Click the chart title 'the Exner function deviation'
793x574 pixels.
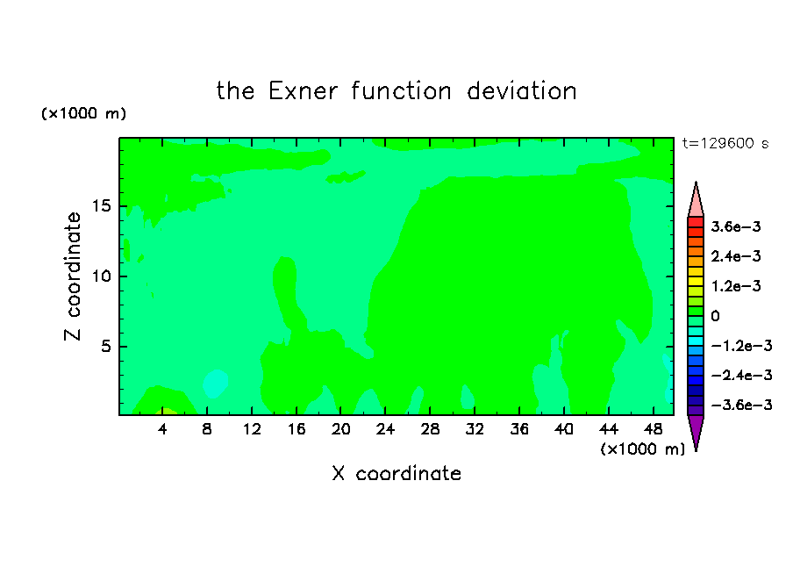396,91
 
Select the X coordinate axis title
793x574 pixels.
396,473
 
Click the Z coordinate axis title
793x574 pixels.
73,276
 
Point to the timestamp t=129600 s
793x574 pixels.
725,143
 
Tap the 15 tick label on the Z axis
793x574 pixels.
101,206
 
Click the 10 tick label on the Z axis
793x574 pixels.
101,276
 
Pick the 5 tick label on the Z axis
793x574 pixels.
106,346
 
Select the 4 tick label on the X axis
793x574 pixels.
162,429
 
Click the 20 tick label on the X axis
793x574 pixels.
340,429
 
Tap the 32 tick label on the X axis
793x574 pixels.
475,429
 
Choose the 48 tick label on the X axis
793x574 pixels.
653,429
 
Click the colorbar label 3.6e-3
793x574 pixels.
736,226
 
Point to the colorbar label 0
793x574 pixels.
715,316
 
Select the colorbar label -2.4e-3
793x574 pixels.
742,375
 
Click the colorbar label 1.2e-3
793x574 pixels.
736,286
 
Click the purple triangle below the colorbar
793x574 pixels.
696,430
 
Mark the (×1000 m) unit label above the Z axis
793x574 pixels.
83,113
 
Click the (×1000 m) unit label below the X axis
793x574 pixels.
642,449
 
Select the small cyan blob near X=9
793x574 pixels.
215,384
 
